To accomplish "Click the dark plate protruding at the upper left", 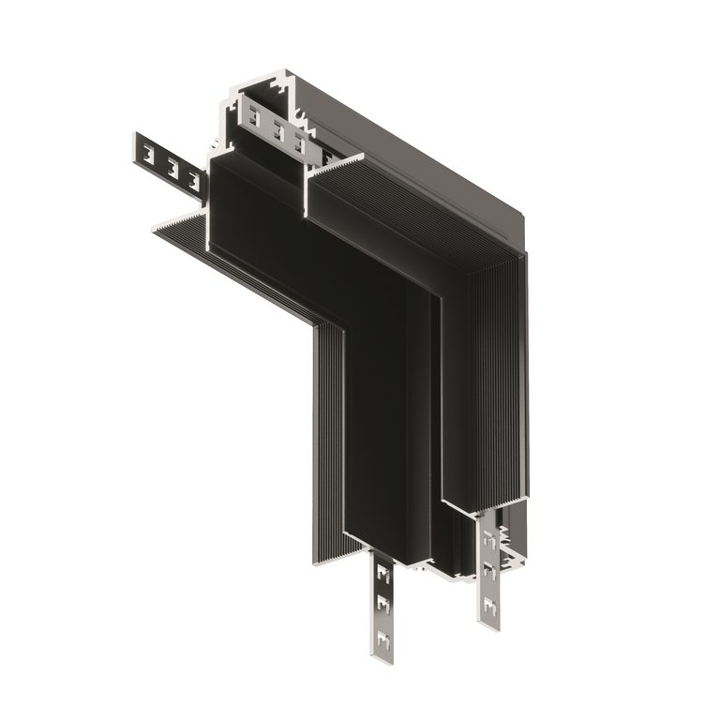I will point(169,164).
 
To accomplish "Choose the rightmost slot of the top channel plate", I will point(299,142).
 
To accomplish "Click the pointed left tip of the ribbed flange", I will point(151,227).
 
